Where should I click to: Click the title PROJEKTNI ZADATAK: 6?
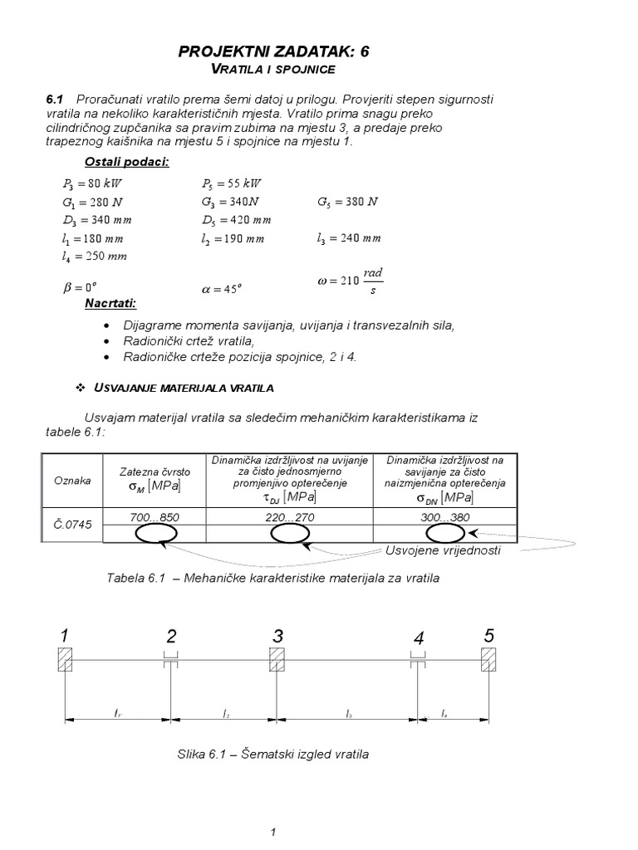274,51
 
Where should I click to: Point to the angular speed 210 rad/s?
350,281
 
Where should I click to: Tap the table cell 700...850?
155,517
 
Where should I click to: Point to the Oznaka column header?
72,481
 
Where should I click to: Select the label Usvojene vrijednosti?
443,551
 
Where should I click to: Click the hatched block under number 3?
277,661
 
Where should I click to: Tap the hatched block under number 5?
488,661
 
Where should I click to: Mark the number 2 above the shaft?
171,637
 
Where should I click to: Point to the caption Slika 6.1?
272,755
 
